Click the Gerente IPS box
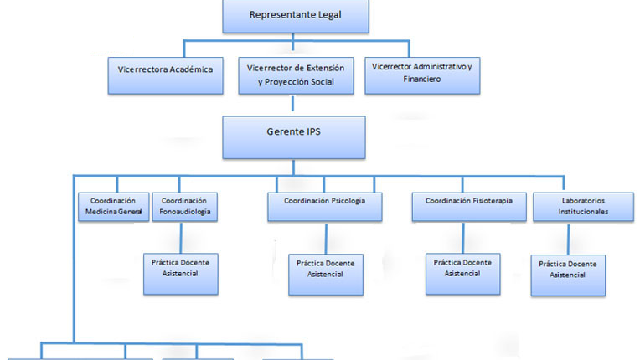tap(293, 136)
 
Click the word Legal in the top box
tap(325, 15)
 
